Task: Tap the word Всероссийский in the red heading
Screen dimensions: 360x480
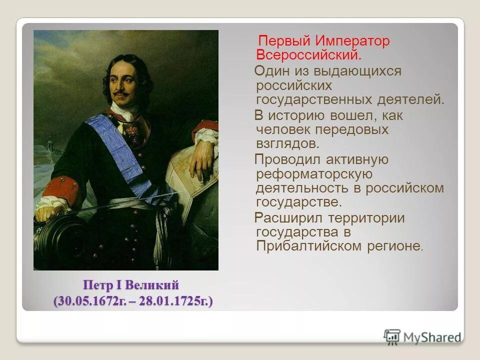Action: click(x=308, y=54)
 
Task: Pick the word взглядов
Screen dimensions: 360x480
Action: click(x=287, y=143)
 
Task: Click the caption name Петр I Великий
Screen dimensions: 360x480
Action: click(x=131, y=285)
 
